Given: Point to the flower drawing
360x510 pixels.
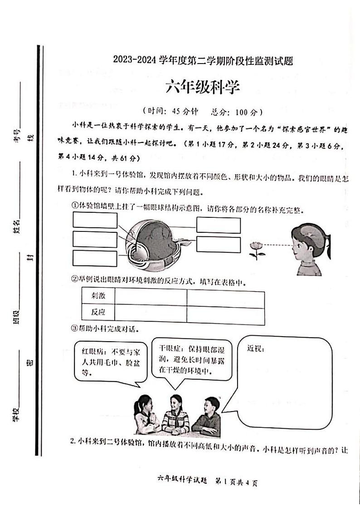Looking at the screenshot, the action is [257, 250].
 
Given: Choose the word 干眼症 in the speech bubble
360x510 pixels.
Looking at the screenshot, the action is [170, 348].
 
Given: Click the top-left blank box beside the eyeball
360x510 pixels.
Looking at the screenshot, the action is [95, 220].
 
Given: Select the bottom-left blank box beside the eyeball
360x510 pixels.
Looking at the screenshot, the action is [95, 258].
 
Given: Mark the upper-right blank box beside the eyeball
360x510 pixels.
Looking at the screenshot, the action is [218, 225].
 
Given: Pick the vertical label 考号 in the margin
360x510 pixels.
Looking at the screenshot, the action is [17, 134].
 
